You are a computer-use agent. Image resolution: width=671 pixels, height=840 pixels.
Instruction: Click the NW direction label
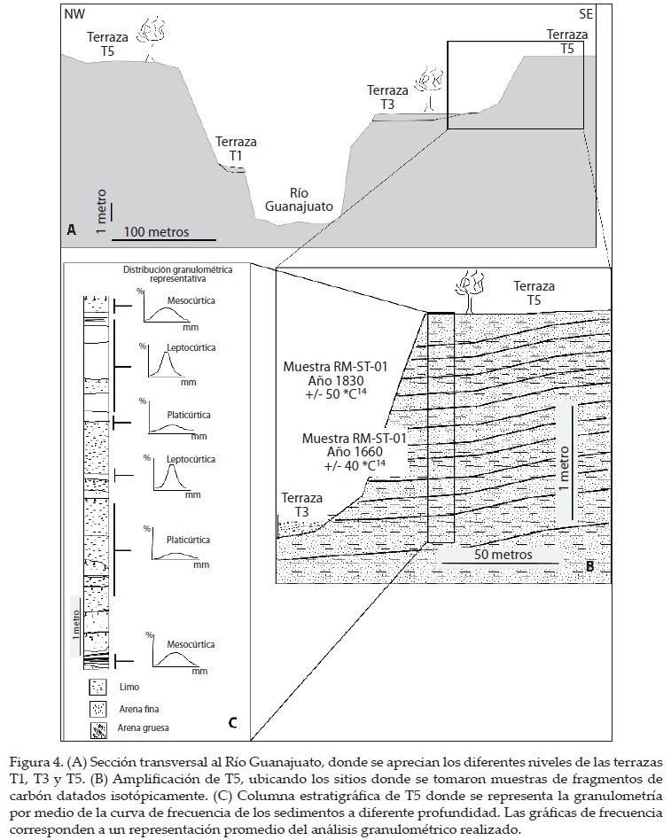(x=75, y=15)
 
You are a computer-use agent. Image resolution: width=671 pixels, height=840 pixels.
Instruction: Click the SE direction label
(x=585, y=15)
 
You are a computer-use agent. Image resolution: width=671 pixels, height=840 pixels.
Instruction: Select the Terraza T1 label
(x=236, y=148)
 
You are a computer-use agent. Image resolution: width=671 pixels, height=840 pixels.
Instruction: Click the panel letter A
(x=71, y=229)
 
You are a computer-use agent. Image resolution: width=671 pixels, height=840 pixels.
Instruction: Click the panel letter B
(x=589, y=564)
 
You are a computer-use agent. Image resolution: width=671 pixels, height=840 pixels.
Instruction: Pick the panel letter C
(x=232, y=723)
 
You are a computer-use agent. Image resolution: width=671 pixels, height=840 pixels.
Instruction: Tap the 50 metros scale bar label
(x=503, y=555)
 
